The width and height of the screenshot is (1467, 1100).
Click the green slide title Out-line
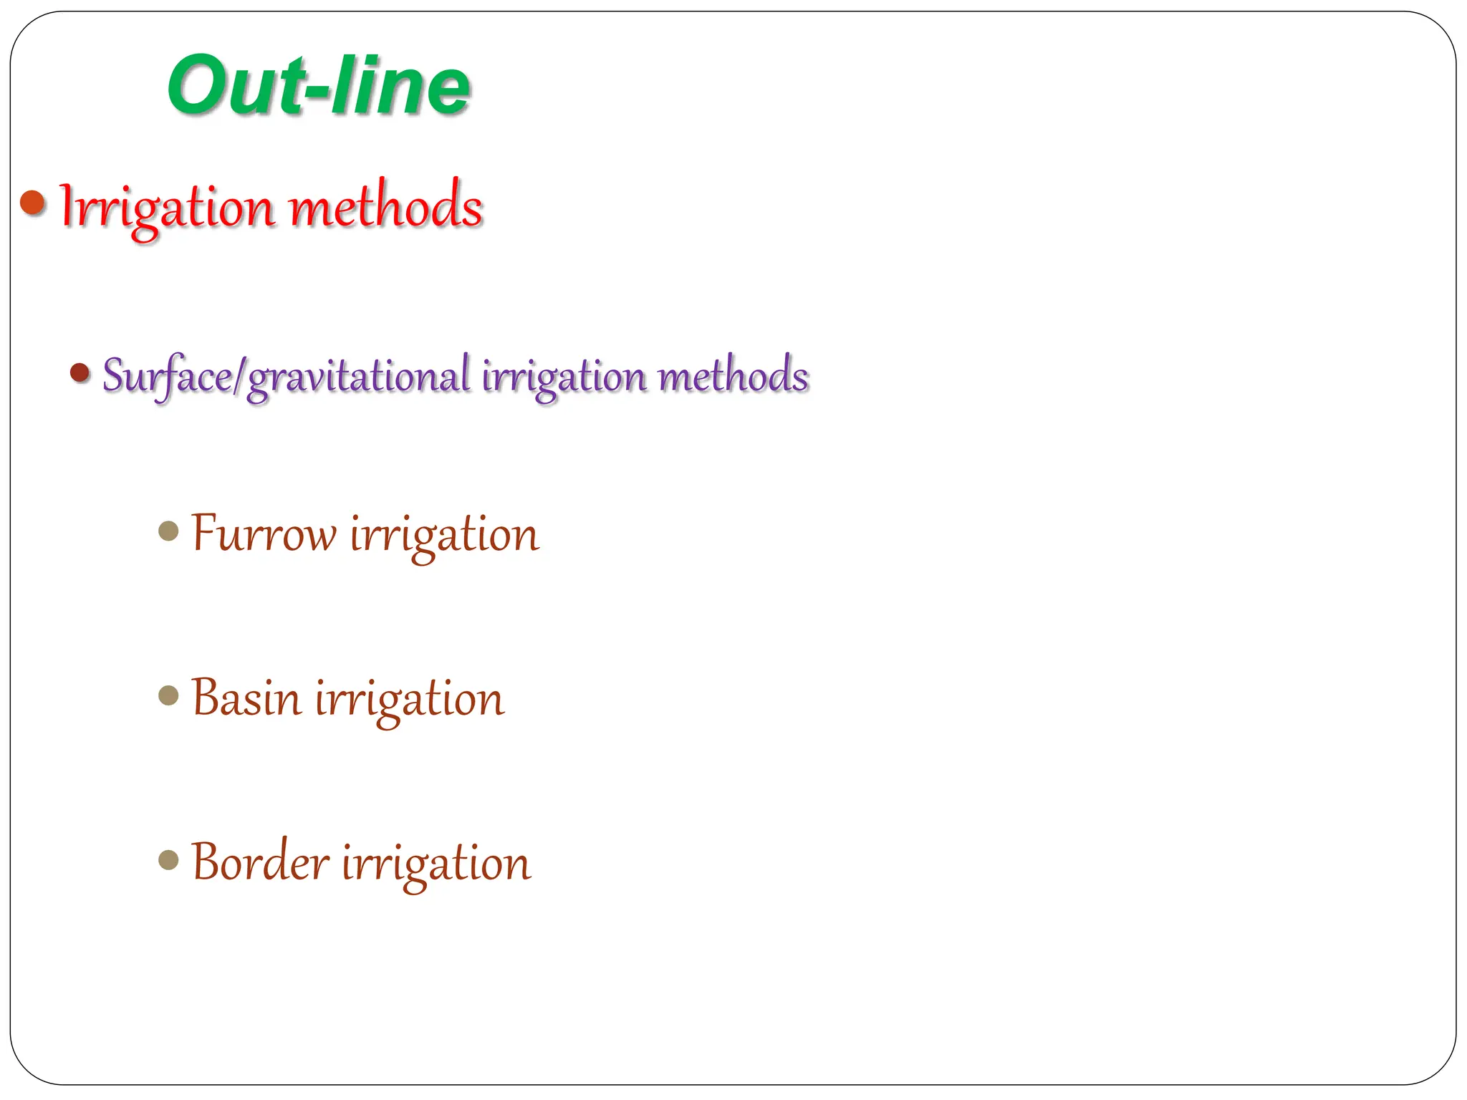tap(319, 86)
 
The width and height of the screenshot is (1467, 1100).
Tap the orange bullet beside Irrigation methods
tap(33, 203)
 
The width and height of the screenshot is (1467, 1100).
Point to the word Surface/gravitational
tap(287, 376)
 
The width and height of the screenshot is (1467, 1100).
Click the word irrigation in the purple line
tap(564, 376)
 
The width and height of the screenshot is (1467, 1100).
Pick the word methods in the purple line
tap(733, 376)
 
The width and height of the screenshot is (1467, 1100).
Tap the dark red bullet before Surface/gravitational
tap(80, 372)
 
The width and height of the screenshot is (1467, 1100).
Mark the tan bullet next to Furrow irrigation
tap(168, 531)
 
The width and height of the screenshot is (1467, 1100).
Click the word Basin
tap(246, 698)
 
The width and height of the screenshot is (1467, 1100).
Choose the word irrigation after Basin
tap(410, 700)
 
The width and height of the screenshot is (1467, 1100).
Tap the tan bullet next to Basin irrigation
tap(168, 695)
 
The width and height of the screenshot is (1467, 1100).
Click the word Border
tap(260, 862)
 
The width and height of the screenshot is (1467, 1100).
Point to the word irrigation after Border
tap(436, 864)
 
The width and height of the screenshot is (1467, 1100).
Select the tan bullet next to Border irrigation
tap(168, 859)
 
